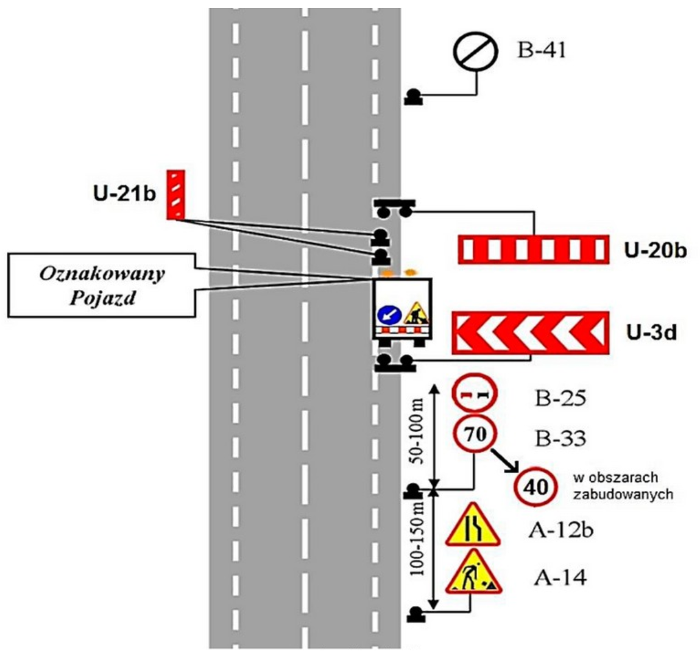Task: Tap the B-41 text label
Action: [x=542, y=50]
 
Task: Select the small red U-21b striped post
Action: [x=175, y=193]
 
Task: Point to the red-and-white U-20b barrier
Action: [x=534, y=249]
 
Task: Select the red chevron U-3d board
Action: [x=530, y=332]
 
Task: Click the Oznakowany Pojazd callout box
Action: [x=102, y=285]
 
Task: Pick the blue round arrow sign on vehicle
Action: [x=388, y=315]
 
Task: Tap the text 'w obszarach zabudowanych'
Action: [x=623, y=485]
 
